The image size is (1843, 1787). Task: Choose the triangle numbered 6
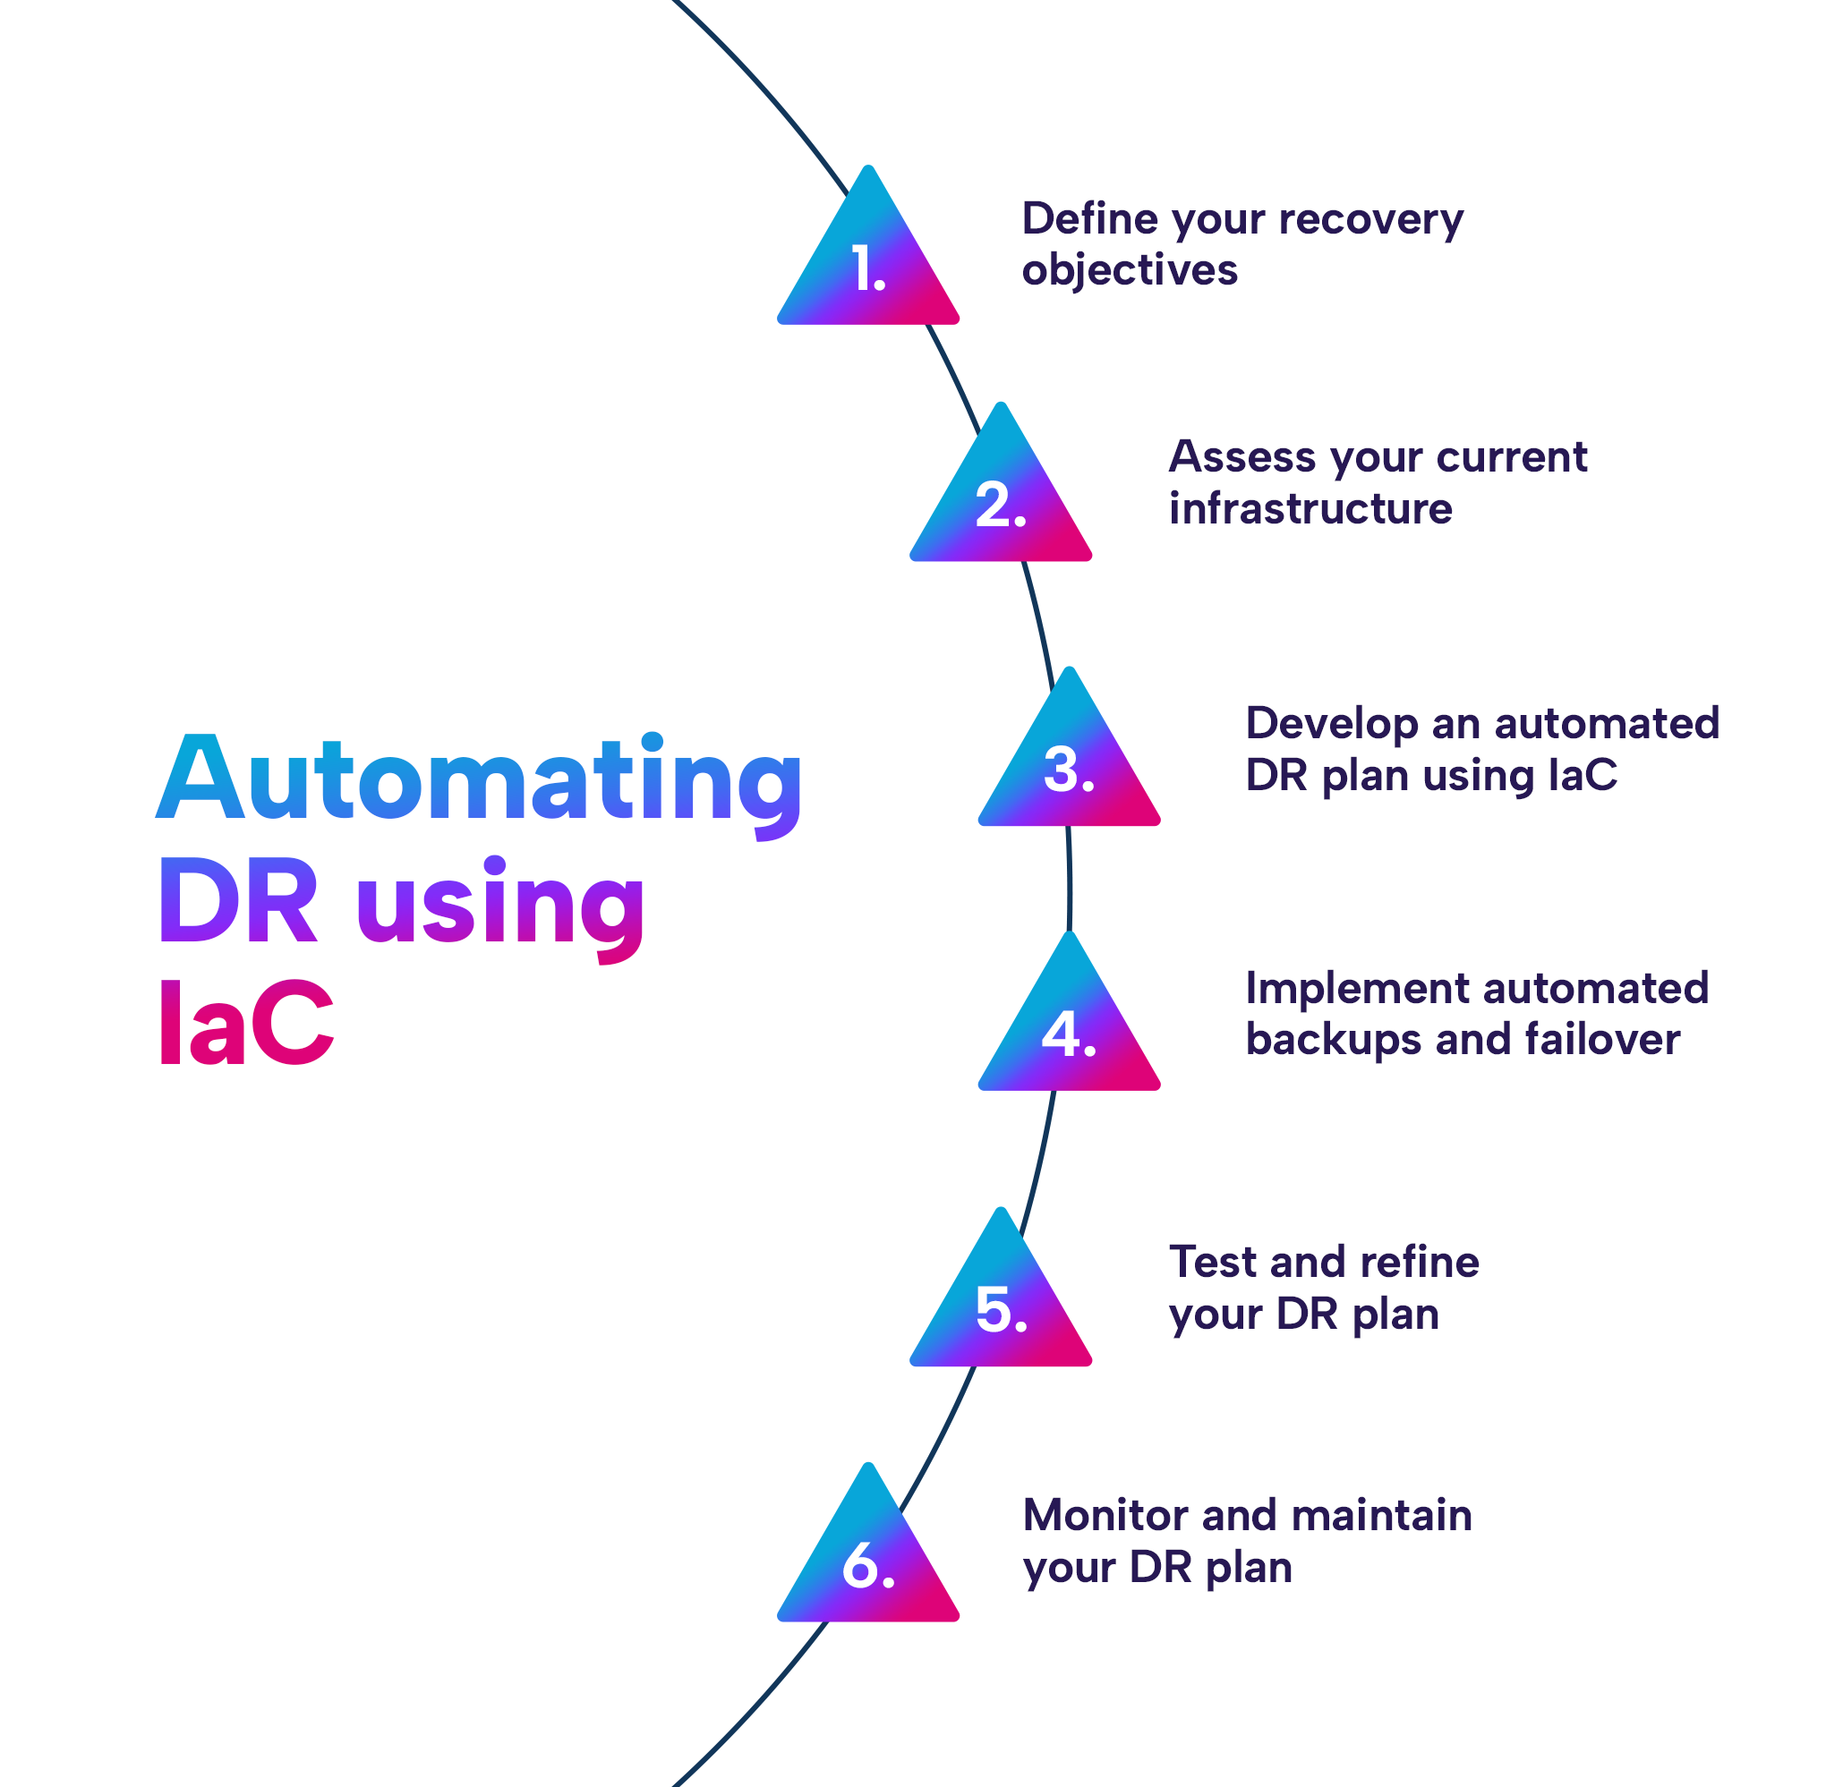pos(868,1563)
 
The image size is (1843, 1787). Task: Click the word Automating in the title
pos(480,779)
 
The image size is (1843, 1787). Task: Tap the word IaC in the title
pos(245,1022)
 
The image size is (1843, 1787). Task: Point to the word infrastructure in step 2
pos(1310,508)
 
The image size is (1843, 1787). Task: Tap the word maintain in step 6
pos(1381,1515)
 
